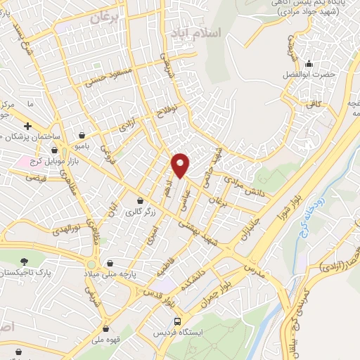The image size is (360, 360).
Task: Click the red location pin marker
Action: tap(181, 165)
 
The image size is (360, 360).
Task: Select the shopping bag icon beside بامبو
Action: tap(82, 135)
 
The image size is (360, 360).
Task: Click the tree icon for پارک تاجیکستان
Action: tap(26, 260)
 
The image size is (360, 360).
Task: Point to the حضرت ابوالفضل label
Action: tap(301, 74)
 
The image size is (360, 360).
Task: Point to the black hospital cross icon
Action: tap(27, 126)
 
